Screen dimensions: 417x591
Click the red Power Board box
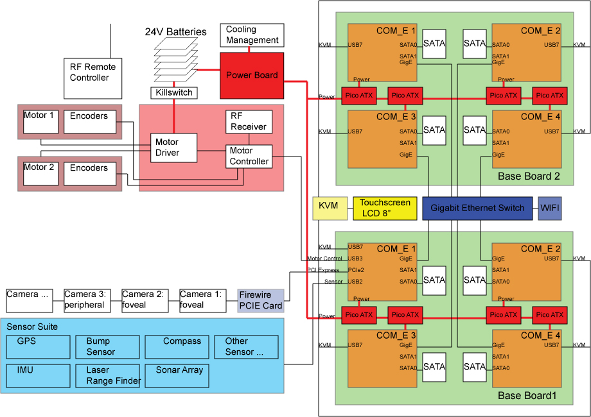[252, 75]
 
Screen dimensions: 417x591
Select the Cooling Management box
[252, 35]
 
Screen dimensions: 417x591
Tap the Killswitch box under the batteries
[174, 93]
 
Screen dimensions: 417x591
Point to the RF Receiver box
[249, 121]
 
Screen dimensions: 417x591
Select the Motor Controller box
[249, 156]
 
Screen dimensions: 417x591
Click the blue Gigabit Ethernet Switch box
[478, 208]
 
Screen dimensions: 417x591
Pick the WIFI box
[550, 208]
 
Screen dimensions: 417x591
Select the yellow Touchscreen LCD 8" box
[385, 208]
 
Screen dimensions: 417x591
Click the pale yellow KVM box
[330, 208]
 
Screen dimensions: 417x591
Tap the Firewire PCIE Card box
[260, 300]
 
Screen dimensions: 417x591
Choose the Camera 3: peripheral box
[85, 300]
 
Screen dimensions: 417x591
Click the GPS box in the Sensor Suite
[39, 346]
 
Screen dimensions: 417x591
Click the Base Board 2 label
[529, 176]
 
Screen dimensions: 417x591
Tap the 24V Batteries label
[175, 31]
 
